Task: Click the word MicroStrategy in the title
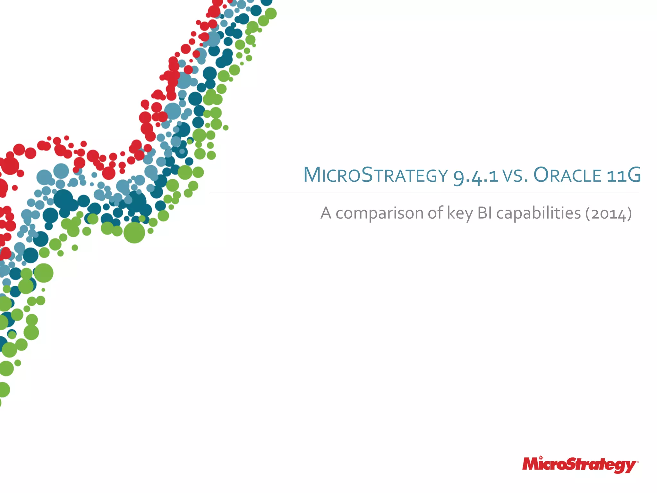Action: pos(375,175)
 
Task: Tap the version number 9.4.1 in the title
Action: pos(476,176)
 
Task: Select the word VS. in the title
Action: pos(515,176)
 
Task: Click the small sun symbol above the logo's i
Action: pos(541,457)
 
